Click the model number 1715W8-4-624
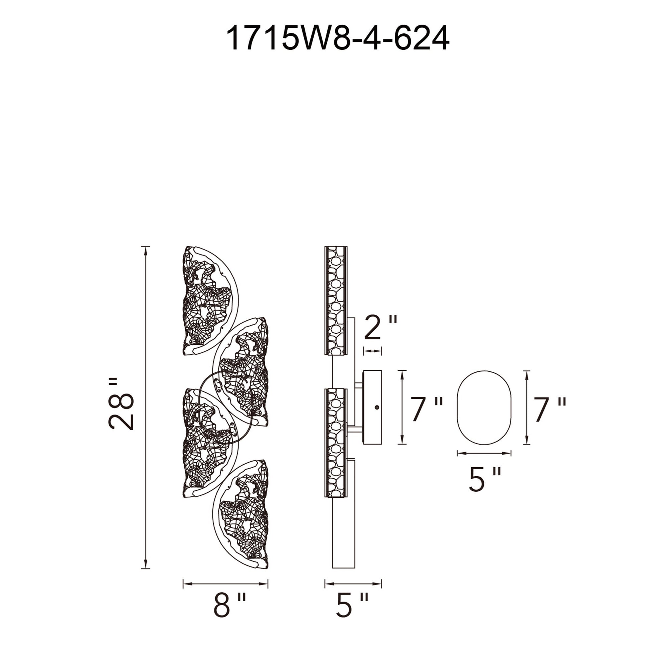click(338, 39)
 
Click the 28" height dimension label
click(122, 408)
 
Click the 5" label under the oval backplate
click(484, 478)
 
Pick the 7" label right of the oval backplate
click(550, 410)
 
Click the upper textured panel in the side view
click(335, 300)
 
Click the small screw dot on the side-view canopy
click(376, 407)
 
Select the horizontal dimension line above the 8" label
click(225, 584)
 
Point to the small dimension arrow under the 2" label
click(372, 351)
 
